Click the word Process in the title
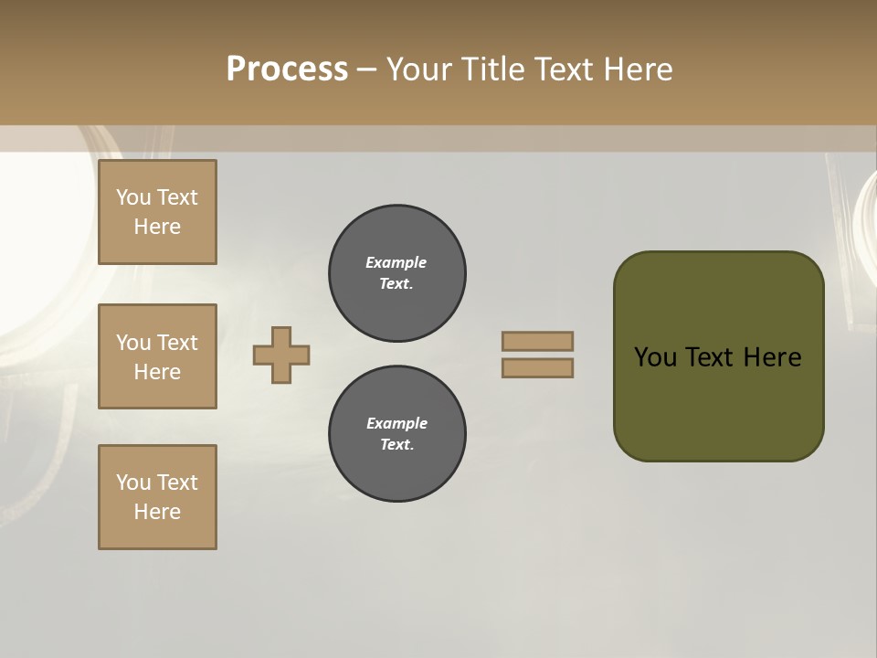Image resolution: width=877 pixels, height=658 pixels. [287, 69]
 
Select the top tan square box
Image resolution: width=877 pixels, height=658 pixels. [157, 212]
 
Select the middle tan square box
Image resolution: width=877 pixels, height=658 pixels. [157, 356]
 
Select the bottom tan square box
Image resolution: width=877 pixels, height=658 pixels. [157, 497]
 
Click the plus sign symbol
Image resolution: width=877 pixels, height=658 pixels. [281, 355]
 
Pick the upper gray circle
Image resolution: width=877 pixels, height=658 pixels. [397, 273]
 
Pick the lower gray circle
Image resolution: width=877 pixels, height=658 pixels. [397, 434]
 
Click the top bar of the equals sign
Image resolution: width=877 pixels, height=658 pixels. [538, 341]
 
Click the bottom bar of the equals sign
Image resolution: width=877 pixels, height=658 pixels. [538, 368]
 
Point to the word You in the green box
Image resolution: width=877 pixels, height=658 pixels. [655, 357]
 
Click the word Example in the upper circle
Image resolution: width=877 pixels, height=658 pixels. [396, 262]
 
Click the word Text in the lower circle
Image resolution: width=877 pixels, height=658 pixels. [396, 445]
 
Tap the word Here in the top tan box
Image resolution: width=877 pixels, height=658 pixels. [157, 227]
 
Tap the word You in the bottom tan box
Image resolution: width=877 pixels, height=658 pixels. [133, 483]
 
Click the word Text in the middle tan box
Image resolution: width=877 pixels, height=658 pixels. [177, 343]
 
